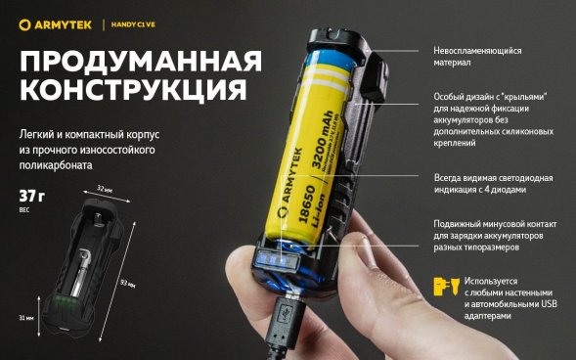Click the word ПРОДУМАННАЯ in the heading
(141, 62)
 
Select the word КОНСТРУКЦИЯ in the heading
(133, 93)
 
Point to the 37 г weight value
(32, 195)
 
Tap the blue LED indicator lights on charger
(275, 262)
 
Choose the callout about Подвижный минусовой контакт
(494, 235)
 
